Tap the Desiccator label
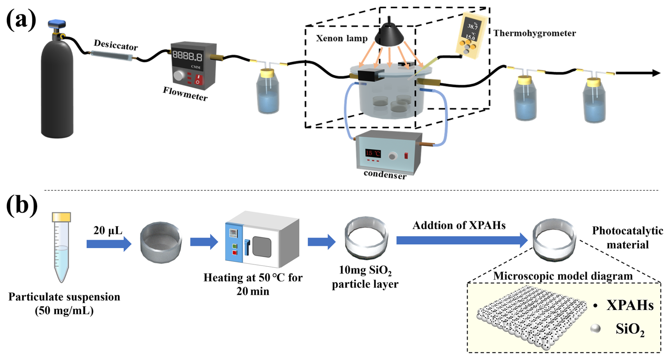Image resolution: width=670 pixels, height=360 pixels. coord(115,45)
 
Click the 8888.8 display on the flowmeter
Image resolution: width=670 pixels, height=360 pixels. coord(187,56)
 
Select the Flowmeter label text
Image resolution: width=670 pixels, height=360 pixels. coord(185,94)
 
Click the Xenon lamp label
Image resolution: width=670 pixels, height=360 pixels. coord(342,38)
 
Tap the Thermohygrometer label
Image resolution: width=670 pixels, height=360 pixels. coord(534,33)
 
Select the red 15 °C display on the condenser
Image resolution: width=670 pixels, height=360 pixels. coord(373,153)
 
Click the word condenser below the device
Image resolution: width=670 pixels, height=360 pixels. coord(385,174)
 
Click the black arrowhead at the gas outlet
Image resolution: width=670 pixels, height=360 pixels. coord(656,73)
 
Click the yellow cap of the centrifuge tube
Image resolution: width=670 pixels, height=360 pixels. coord(61,217)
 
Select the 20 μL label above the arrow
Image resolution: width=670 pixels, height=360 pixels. coord(108,230)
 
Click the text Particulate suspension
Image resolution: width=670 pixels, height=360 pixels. coord(64,297)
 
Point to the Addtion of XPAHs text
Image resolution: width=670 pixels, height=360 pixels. coord(459,225)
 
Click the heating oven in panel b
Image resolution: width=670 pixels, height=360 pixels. coord(262,240)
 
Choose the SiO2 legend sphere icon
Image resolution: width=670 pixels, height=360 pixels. coord(596,329)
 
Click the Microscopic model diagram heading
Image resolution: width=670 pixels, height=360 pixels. coord(563,276)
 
